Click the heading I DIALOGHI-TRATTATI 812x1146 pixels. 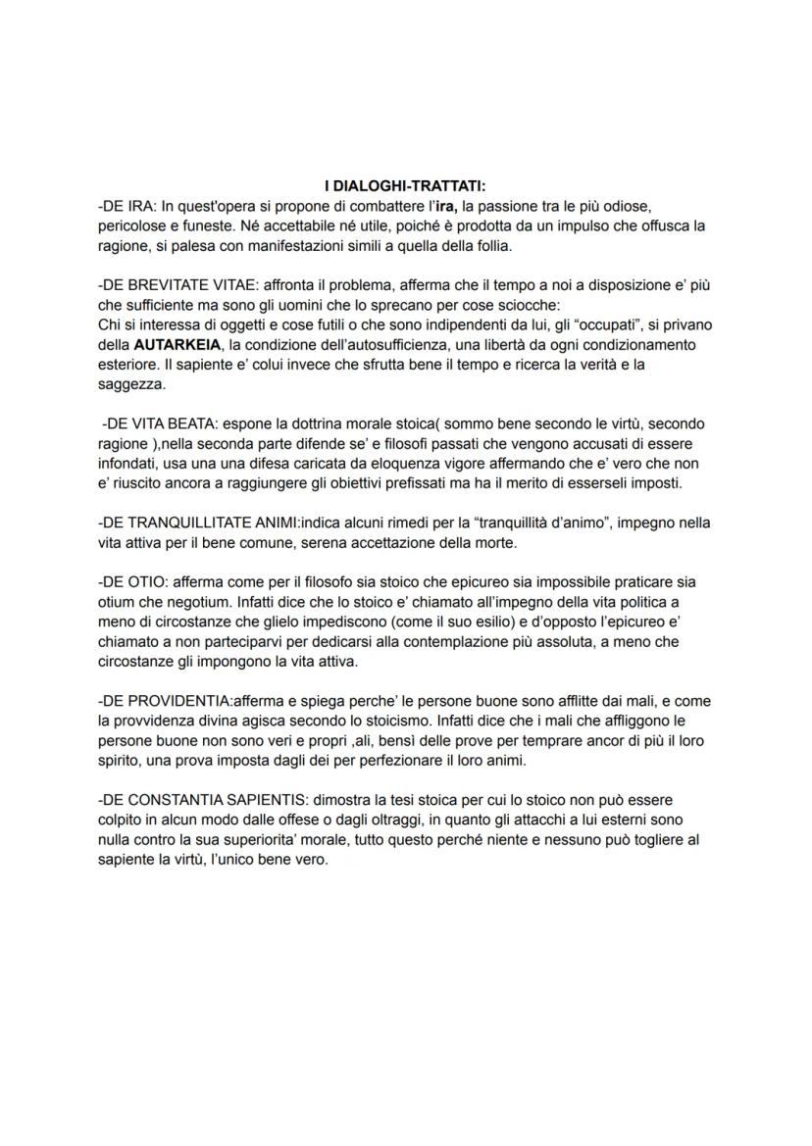tap(405, 185)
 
